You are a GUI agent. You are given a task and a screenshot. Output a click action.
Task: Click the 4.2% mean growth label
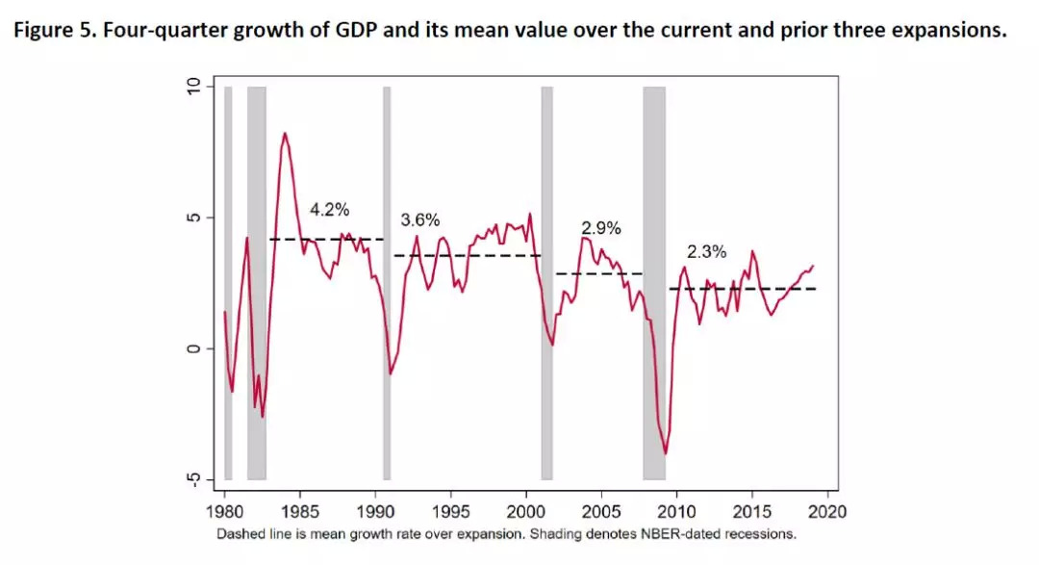[x=329, y=209]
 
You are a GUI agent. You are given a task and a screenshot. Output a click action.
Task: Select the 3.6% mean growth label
[x=419, y=219]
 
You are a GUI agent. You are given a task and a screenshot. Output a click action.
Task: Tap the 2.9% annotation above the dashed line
[x=601, y=229]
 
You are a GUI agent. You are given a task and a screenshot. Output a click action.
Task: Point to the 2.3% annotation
[x=706, y=252]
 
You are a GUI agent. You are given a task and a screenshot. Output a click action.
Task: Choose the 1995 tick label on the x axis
[x=452, y=511]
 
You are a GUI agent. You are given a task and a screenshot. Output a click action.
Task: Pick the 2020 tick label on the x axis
[x=830, y=511]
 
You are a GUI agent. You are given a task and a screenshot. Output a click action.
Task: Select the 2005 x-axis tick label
[x=603, y=511]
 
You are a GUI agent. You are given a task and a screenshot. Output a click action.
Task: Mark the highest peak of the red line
[x=285, y=134]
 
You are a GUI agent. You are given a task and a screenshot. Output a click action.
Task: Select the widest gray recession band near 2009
[x=654, y=283]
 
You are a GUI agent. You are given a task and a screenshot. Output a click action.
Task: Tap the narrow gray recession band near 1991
[x=387, y=283]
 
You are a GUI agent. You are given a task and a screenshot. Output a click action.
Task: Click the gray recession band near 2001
[x=546, y=283]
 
